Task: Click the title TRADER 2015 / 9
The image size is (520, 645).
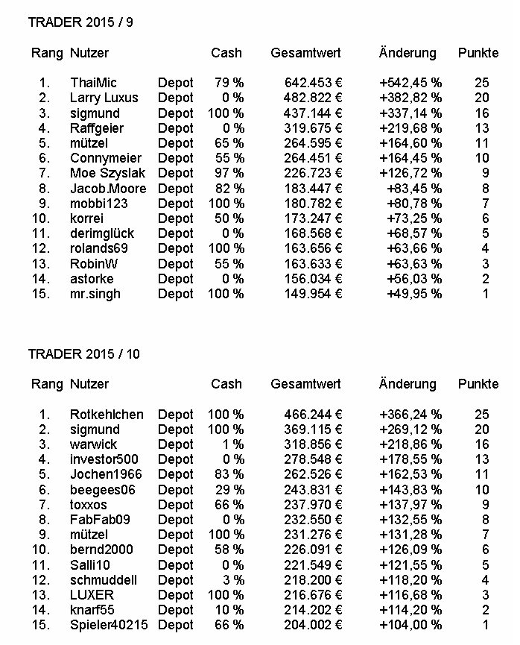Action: point(80,22)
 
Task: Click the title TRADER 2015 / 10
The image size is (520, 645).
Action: point(83,353)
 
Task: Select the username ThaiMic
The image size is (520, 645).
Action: point(93,83)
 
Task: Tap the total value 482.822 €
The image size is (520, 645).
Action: point(313,98)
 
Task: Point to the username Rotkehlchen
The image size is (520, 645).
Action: point(107,415)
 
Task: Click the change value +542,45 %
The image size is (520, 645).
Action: point(410,83)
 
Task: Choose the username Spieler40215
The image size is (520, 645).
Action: point(110,625)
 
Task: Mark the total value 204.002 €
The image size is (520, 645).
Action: point(313,625)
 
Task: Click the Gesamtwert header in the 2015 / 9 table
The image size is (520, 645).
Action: point(305,53)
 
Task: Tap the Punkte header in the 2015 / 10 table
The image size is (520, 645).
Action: point(478,384)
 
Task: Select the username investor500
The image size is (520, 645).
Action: point(104,459)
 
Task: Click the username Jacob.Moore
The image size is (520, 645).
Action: point(108,188)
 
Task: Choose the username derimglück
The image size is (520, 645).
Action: point(102,233)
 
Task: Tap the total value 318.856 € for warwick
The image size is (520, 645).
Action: point(313,444)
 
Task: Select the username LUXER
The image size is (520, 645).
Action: point(92,595)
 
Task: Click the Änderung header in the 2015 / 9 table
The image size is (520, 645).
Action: point(408,53)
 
